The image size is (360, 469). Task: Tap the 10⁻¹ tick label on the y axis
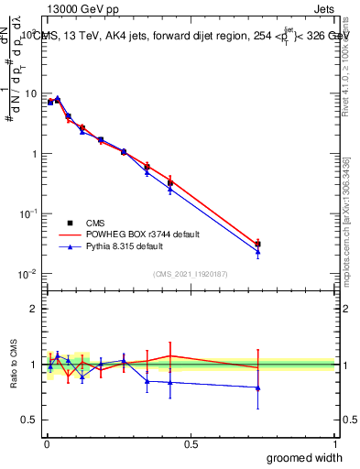(x=29, y=213)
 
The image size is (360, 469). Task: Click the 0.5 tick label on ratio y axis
(x=32, y=420)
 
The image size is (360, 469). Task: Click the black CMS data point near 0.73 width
(x=257, y=245)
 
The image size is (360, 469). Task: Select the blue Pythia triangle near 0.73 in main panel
(x=257, y=252)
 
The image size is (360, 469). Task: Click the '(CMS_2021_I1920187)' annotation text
(x=190, y=272)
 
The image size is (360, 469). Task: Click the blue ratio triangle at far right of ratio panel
(x=257, y=387)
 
